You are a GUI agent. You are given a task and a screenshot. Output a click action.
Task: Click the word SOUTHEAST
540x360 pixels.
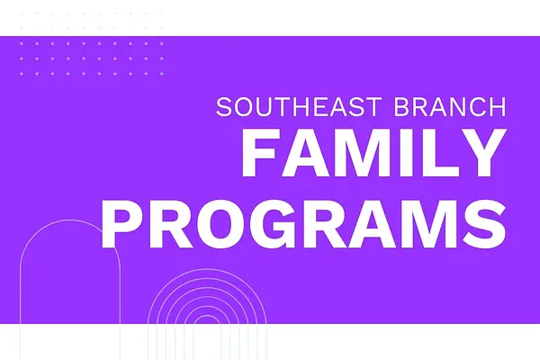click(299, 107)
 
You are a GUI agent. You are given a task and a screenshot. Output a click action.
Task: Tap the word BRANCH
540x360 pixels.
click(450, 107)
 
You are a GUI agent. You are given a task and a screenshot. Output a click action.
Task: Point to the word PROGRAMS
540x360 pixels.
click(303, 223)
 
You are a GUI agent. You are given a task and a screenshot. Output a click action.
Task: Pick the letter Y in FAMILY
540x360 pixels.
click(481, 153)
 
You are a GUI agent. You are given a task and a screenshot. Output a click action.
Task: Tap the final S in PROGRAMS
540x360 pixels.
click(486, 223)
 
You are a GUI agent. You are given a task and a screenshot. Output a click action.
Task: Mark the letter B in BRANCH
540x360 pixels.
click(402, 107)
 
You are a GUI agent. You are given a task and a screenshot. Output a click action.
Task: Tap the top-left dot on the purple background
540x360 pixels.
click(22, 44)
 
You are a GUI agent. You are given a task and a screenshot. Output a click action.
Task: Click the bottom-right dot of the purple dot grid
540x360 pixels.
click(161, 74)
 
